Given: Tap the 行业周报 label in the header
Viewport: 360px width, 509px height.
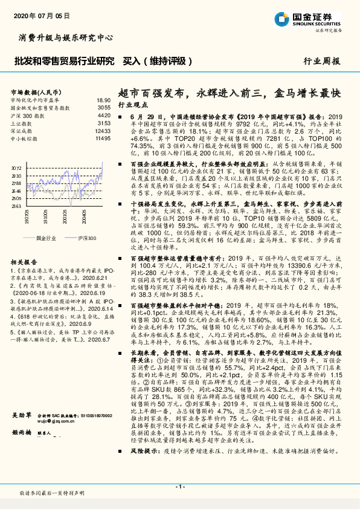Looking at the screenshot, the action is point(321,61).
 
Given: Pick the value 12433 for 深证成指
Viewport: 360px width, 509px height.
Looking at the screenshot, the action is point(103,130).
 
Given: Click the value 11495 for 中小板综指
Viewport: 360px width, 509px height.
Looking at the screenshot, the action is point(103,138).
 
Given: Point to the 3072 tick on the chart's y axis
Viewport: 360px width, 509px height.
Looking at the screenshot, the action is point(16,168).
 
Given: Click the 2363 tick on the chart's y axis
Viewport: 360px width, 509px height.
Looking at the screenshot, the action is point(16,206).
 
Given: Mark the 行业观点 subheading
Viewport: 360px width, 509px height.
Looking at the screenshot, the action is point(132,105).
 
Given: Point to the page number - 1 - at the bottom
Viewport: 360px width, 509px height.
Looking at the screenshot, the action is point(179,487).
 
